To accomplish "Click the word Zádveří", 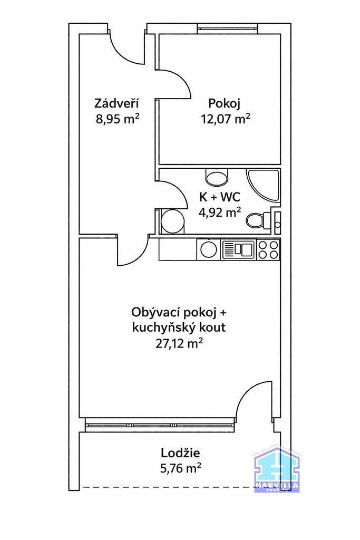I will click(x=117, y=103).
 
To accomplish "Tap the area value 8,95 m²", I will click(x=117, y=119).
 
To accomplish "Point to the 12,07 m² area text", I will click(x=225, y=119).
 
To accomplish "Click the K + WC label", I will click(x=219, y=197).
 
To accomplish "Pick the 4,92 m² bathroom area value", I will click(x=219, y=213).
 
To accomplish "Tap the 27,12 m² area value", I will click(x=179, y=344).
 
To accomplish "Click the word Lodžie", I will click(x=180, y=452).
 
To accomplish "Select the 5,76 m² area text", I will click(x=180, y=468).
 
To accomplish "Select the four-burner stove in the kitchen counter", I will click(x=268, y=249).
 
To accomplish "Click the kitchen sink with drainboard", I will click(x=239, y=249).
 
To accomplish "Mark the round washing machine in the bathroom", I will click(x=171, y=221).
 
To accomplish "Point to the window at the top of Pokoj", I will click(x=227, y=28).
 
